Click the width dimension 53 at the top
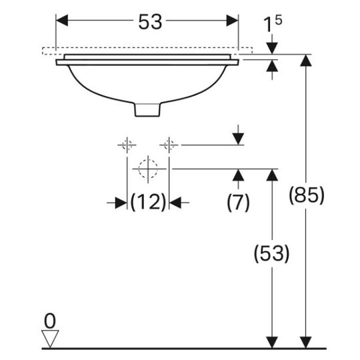pos(150,21)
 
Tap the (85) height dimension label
pos(306,195)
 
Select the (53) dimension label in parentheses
pos(271,253)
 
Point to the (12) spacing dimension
pos(148,202)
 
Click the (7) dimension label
pos(238,202)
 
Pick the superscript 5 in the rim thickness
pos(278,21)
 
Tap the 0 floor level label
pos(50,321)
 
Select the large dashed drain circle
pos(148,169)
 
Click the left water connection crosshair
pos(127,145)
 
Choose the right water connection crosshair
pos(169,145)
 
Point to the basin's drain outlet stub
pos(147,110)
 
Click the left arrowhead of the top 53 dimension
pos(62,21)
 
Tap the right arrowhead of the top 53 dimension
pos(233,21)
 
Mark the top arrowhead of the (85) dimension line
pos(306,61)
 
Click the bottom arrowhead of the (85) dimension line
pos(306,342)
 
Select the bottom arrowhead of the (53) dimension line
pos(272,342)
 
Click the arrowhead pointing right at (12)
pos(121,203)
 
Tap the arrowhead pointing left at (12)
pos(175,203)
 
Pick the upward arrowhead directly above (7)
pos(238,175)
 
